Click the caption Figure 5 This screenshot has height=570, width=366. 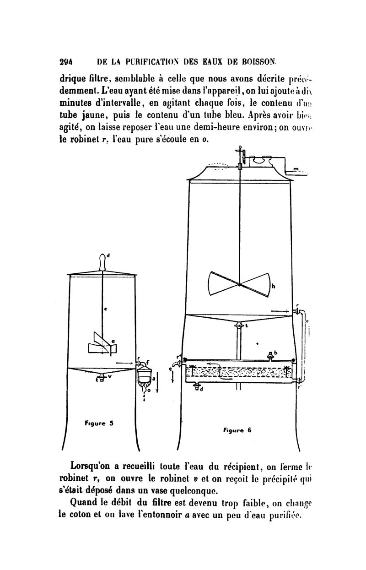99,423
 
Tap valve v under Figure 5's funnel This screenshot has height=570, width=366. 101,378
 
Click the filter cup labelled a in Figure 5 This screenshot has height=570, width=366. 146,378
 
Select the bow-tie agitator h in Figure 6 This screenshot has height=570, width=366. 238,284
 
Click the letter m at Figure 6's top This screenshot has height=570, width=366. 296,169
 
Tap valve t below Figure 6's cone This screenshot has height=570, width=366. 238,326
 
